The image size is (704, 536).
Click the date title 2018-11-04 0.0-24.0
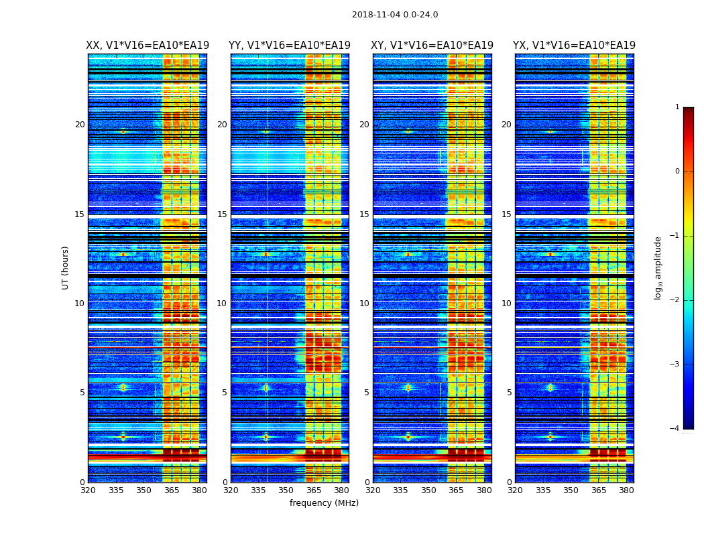(395, 15)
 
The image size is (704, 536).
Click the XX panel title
(148, 46)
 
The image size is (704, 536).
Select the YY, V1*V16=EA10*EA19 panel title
(290, 46)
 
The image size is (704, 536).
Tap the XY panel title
(432, 46)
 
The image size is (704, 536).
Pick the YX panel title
(574, 46)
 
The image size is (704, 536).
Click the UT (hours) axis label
(66, 267)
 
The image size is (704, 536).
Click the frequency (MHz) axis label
(324, 503)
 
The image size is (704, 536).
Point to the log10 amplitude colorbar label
(658, 267)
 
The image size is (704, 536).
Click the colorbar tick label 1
(677, 107)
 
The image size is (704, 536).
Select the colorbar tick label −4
(675, 429)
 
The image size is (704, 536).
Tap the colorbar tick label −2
(675, 300)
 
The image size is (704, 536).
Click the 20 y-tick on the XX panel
(80, 125)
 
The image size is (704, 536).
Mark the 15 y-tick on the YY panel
(222, 214)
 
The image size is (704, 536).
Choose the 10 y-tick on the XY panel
(364, 304)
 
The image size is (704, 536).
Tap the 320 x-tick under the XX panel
(88, 490)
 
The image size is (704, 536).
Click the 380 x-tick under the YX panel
(626, 490)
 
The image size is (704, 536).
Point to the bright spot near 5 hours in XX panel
(123, 387)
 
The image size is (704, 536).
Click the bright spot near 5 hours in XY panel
(408, 387)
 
